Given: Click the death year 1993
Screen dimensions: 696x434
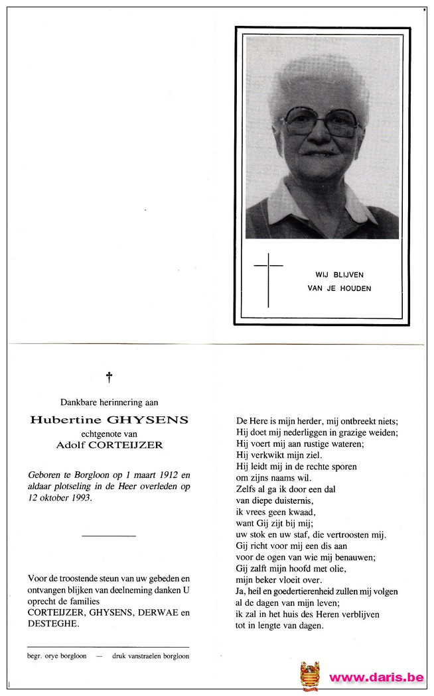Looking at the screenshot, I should click(x=80, y=497).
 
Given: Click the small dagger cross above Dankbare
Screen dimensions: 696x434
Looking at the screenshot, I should click(x=109, y=377).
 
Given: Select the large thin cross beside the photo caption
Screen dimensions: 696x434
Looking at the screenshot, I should click(x=268, y=279).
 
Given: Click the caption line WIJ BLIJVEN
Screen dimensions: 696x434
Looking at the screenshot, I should click(x=339, y=274).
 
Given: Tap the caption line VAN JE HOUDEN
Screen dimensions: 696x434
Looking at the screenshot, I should click(x=339, y=288).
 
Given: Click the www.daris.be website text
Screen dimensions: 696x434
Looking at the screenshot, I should click(x=376, y=677).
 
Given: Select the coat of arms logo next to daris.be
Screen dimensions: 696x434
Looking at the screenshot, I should click(x=310, y=675).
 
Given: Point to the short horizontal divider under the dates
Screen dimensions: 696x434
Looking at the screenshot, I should click(x=108, y=535).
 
